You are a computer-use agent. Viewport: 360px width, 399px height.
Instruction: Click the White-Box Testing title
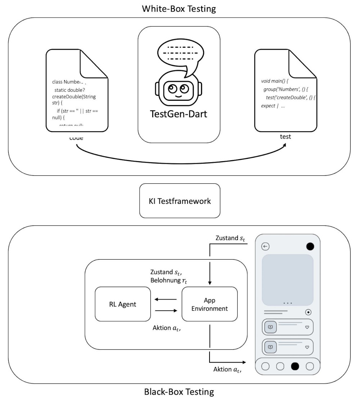pos(179,9)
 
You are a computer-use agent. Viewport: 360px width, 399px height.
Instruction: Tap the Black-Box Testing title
pos(179,391)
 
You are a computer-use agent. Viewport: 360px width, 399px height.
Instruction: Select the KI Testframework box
pos(179,201)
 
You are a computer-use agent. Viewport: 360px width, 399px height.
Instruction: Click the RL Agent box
pos(122,304)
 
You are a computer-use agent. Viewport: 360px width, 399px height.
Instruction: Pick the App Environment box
pos(210,304)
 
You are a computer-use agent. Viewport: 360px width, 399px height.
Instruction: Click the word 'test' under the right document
pos(285,137)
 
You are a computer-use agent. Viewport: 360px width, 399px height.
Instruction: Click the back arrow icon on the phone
pos(266,247)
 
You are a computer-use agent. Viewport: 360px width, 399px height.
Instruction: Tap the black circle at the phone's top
pos(310,247)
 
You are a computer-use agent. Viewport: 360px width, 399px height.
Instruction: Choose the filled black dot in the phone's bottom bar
pos(295,366)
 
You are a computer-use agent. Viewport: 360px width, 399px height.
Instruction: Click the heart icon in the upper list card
pos(307,327)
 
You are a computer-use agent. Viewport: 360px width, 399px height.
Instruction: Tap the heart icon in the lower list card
pos(307,347)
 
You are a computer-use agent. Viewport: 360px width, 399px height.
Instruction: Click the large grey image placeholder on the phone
pos(287,280)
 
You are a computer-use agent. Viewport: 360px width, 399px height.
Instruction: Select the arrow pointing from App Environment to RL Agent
pos(166,299)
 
